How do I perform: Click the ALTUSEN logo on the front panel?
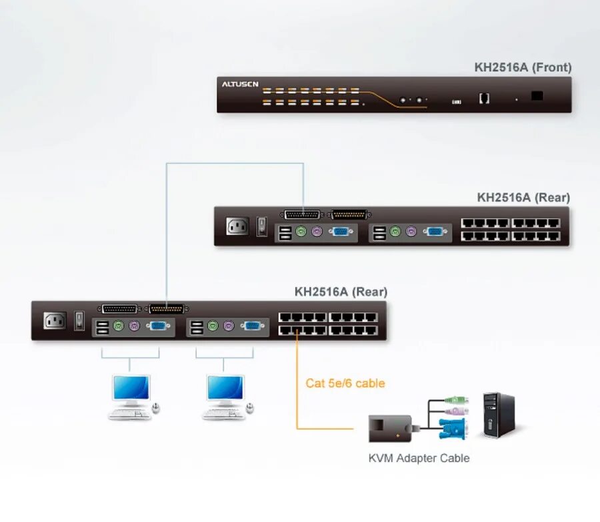coord(240,85)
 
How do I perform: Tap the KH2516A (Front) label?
coord(523,67)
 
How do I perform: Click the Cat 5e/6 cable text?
coord(345,383)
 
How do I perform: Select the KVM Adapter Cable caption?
coord(419,458)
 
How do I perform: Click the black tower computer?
coord(499,414)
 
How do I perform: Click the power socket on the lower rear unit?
coord(55,320)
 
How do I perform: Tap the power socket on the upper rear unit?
coord(237,226)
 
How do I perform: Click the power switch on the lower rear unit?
coord(79,320)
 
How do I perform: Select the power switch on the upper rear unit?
coord(262,226)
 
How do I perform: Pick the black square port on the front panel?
coord(537,96)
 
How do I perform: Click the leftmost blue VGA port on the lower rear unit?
coord(158,326)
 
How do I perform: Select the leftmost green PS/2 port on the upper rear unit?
coord(301,232)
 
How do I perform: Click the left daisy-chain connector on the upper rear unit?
coord(301,214)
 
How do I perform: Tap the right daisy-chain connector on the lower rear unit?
coord(166,309)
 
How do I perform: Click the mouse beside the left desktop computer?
coord(155,407)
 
